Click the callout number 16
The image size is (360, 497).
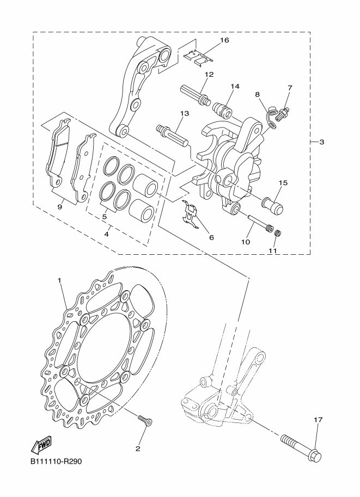point(224,40)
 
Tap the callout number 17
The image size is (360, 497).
point(318,420)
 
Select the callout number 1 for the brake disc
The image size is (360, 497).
point(59,280)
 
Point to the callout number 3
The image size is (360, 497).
point(322,142)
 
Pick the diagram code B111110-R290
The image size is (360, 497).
point(56,462)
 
